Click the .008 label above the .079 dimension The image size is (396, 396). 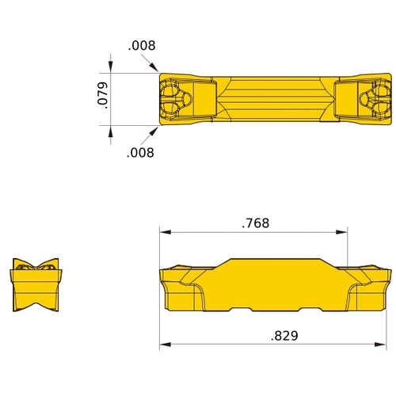click(142, 47)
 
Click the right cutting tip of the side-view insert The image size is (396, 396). click(389, 272)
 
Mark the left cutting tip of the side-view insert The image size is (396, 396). click(162, 272)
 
